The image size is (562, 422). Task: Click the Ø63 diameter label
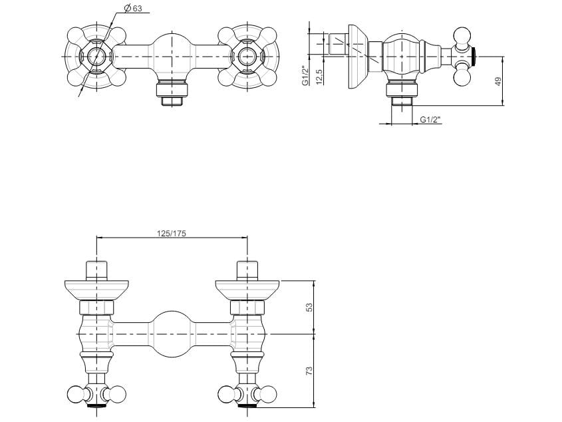tap(133, 9)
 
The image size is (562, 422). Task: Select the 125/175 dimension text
tap(171, 233)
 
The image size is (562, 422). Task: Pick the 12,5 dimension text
tap(319, 76)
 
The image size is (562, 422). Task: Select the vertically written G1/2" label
tap(305, 73)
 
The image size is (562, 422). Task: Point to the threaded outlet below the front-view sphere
tap(172, 93)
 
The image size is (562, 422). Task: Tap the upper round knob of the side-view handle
tap(462, 35)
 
